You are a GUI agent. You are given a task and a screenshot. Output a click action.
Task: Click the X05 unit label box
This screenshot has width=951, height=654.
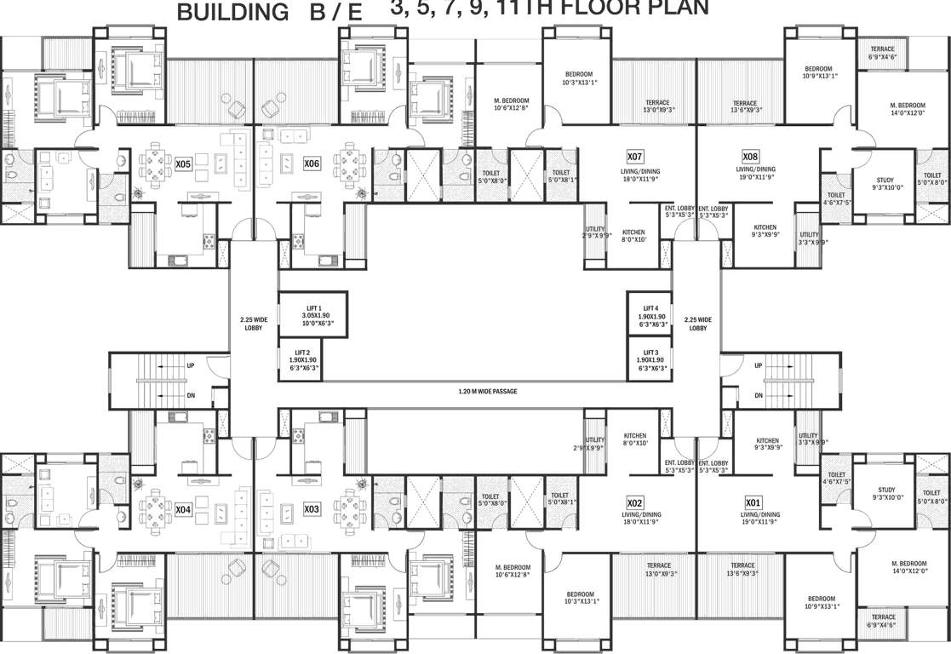point(183,163)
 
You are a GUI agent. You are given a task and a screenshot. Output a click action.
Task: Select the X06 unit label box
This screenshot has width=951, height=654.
point(312,163)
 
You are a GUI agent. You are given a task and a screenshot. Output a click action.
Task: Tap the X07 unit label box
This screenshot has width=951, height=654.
point(634,157)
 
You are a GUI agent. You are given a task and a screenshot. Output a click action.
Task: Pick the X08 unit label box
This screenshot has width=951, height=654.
point(750,157)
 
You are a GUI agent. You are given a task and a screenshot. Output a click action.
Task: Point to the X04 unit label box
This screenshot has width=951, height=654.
point(183,509)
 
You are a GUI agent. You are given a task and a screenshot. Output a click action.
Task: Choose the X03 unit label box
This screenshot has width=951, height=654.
point(312,509)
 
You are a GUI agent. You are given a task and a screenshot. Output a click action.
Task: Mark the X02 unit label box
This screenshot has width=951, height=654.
point(634,502)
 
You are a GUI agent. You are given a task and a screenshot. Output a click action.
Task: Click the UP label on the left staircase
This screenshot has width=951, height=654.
point(190,365)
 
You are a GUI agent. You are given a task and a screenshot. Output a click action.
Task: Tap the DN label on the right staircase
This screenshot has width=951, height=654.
point(758,395)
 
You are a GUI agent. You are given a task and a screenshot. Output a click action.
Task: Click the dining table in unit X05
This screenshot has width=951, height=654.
point(155,163)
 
